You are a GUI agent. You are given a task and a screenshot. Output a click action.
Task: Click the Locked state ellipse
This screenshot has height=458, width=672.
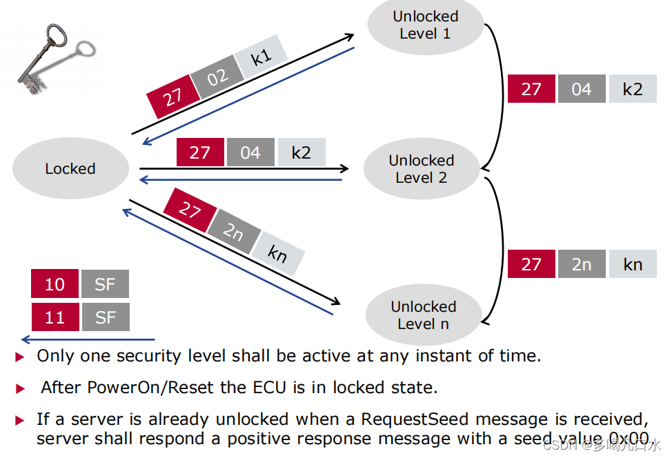click(70, 169)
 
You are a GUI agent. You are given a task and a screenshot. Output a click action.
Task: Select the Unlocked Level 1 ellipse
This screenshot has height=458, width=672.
click(425, 26)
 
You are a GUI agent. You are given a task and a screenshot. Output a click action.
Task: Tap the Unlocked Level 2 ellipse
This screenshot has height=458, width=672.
click(421, 169)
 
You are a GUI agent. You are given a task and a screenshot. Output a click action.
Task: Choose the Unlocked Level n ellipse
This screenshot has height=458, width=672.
click(423, 315)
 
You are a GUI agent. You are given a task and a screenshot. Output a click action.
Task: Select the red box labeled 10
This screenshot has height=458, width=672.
click(55, 284)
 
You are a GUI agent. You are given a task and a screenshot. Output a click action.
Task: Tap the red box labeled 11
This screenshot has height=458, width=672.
click(55, 317)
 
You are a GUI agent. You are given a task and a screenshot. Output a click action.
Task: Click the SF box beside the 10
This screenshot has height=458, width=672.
click(105, 284)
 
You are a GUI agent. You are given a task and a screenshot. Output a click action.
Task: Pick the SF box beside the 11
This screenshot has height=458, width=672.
click(105, 317)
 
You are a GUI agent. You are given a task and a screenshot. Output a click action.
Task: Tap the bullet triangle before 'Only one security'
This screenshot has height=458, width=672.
click(20, 357)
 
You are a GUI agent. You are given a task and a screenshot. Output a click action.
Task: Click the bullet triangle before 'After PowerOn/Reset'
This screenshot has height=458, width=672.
click(20, 388)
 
